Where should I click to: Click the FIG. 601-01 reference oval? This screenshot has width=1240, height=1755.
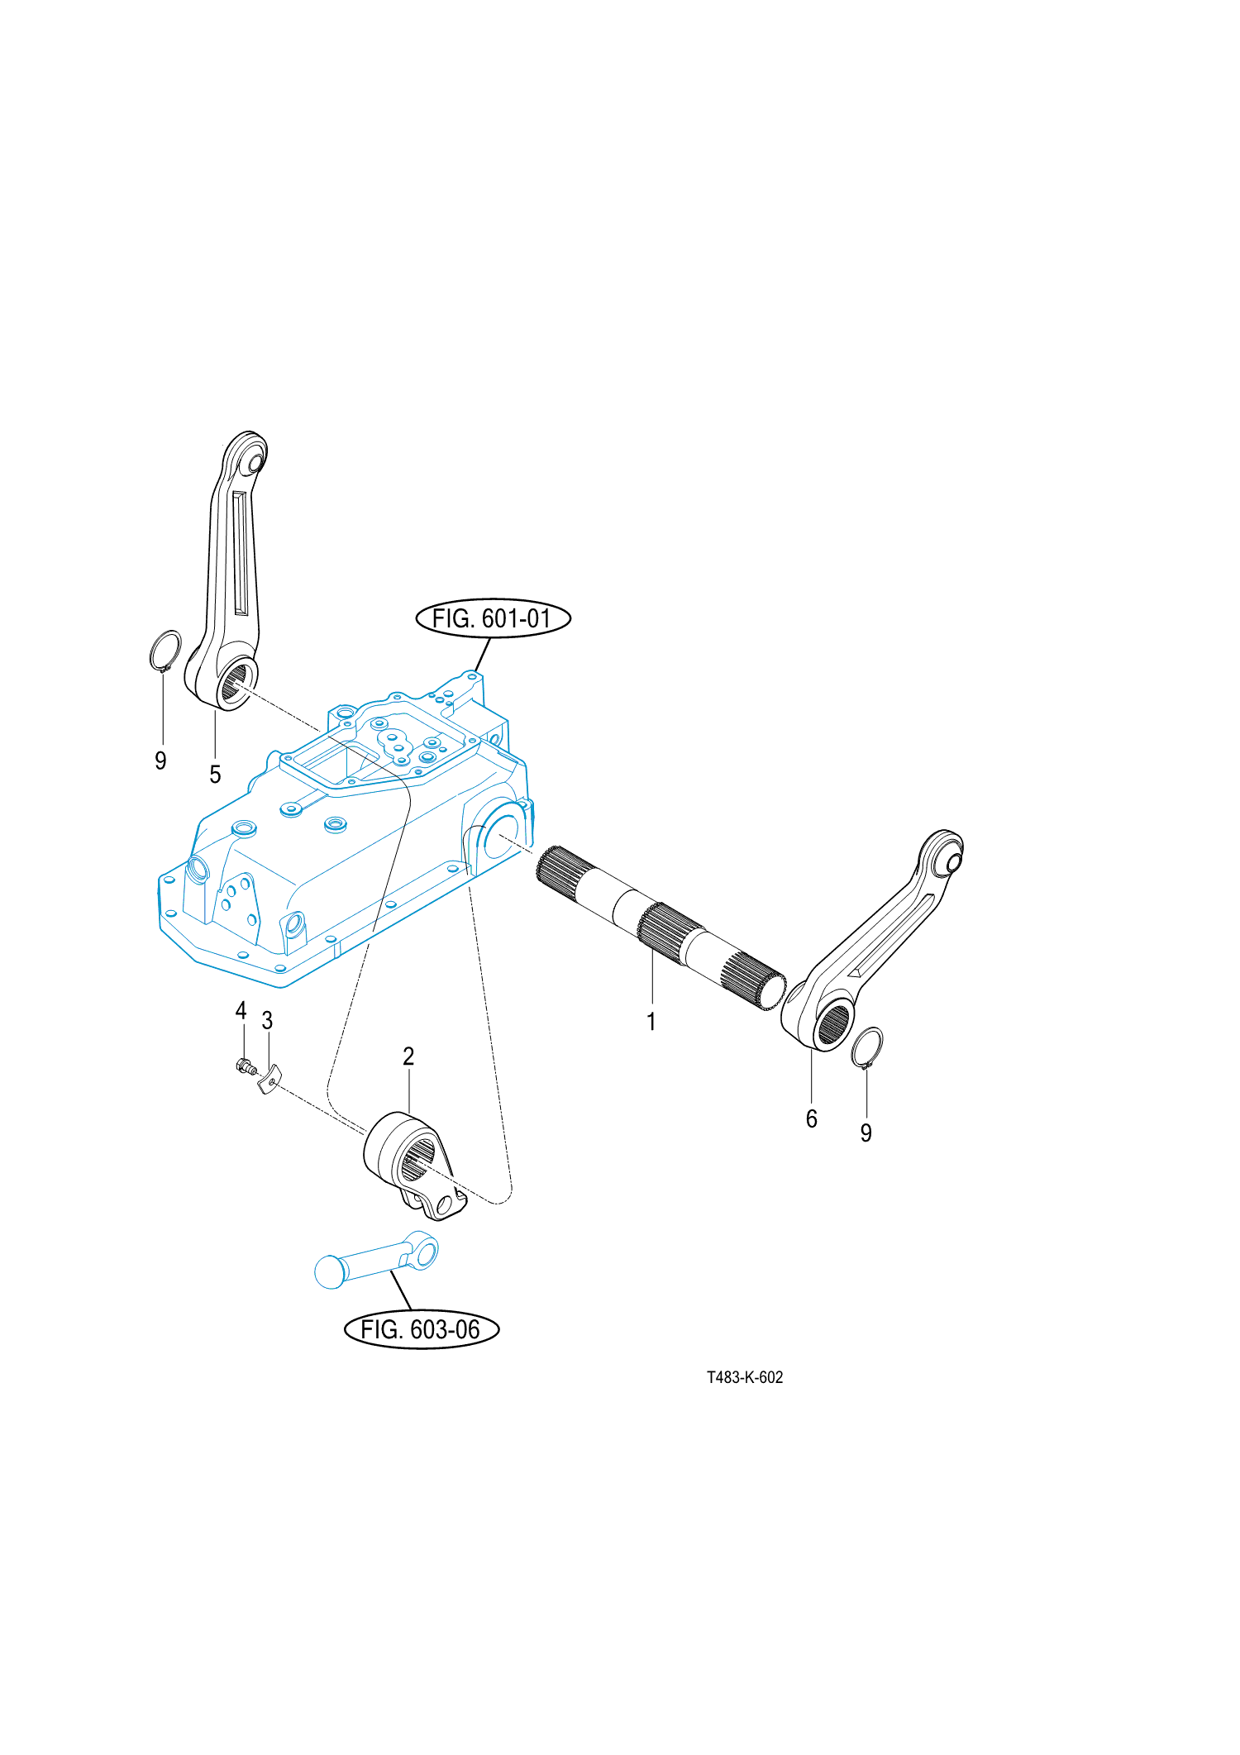pyautogui.click(x=493, y=618)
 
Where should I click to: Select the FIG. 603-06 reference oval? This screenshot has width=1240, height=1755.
pyautogui.click(x=421, y=1329)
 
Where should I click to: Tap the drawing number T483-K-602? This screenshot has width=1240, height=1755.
pyautogui.click(x=744, y=1377)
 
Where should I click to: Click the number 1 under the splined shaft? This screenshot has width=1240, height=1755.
pyautogui.click(x=651, y=1022)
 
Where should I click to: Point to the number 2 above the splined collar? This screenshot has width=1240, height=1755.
pyautogui.click(x=408, y=1056)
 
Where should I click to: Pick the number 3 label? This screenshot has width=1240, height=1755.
pyautogui.click(x=267, y=1021)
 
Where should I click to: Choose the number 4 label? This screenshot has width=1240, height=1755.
pyautogui.click(x=241, y=1010)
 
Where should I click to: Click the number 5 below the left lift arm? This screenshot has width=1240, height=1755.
pyautogui.click(x=215, y=775)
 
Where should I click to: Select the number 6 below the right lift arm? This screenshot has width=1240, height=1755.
pyautogui.click(x=811, y=1118)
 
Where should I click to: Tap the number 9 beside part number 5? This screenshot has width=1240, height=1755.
pyautogui.click(x=160, y=761)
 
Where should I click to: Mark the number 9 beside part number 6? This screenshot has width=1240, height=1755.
pyautogui.click(x=866, y=1133)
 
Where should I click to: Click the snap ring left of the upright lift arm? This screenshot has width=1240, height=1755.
pyautogui.click(x=165, y=651)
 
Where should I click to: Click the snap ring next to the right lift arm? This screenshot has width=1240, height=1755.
pyautogui.click(x=867, y=1047)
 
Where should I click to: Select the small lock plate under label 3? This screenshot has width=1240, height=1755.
pyautogui.click(x=269, y=1079)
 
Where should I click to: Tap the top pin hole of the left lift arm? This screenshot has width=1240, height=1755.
pyautogui.click(x=252, y=463)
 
